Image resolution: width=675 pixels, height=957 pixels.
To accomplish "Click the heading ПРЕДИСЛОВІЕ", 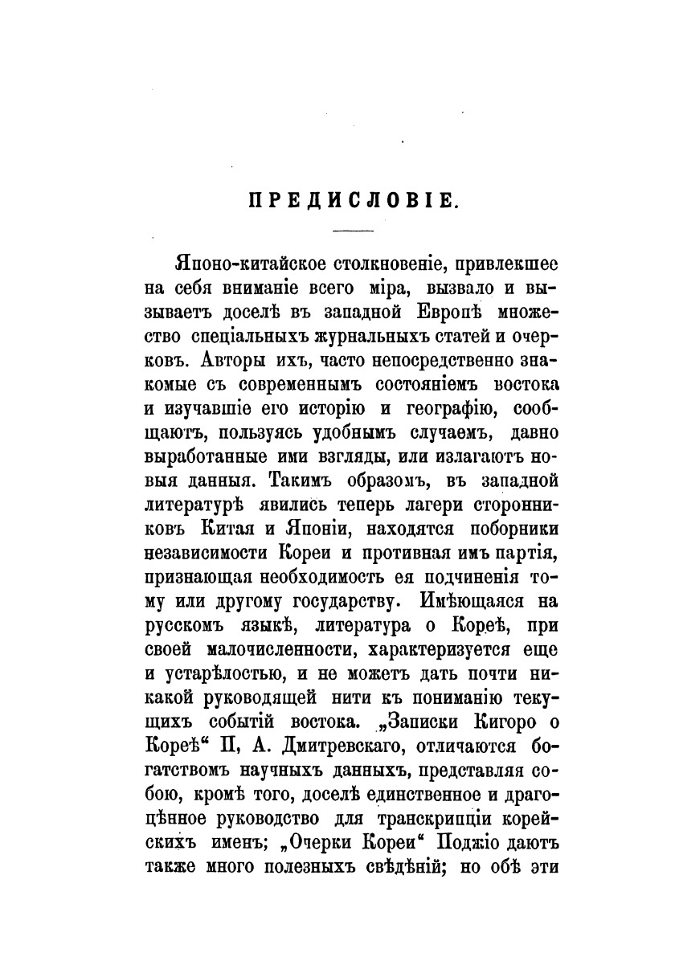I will click(353, 201).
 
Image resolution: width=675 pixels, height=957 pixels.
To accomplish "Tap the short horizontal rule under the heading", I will click(353, 232).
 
